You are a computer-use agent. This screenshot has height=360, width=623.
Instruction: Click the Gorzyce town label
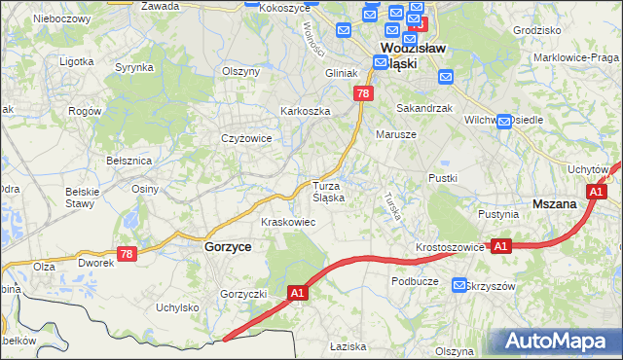(228, 247)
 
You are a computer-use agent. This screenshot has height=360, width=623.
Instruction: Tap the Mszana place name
(557, 204)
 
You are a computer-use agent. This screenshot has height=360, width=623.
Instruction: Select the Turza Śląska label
(328, 191)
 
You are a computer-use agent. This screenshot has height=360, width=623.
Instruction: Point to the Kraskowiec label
(286, 222)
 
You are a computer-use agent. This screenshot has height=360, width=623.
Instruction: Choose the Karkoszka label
(306, 111)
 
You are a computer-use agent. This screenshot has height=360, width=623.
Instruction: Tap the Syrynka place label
(134, 67)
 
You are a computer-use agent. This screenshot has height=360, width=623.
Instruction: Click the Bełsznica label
(128, 160)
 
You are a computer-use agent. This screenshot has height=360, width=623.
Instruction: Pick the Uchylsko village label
(177, 307)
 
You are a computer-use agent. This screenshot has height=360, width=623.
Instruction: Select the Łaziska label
(347, 346)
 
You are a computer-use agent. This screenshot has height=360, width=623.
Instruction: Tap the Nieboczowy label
(61, 18)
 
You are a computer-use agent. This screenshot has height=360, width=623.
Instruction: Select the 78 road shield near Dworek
(126, 254)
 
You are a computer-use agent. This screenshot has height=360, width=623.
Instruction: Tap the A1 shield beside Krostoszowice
(500, 247)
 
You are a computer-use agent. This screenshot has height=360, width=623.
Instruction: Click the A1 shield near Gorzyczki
(299, 292)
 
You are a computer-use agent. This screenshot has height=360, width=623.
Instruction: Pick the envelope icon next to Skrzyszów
(459, 285)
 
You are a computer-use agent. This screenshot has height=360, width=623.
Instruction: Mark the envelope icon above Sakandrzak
(445, 77)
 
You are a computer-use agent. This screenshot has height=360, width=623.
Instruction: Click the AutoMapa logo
(557, 342)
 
